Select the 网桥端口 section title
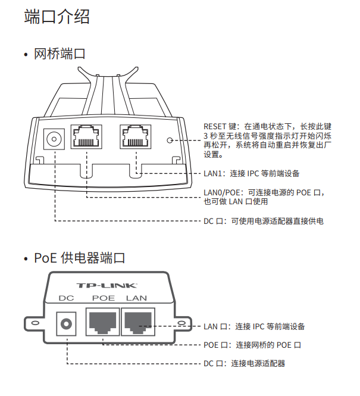(x=60, y=54)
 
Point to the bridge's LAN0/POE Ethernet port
(x=86, y=139)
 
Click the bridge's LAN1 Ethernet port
(x=135, y=139)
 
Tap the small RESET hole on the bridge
(x=171, y=141)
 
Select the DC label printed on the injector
(x=66, y=298)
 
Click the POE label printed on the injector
(x=103, y=298)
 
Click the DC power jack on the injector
(x=66, y=325)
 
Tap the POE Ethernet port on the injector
(x=102, y=323)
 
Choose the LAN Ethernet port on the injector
(x=138, y=323)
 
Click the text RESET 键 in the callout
(x=219, y=126)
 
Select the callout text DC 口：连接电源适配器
(x=244, y=363)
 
